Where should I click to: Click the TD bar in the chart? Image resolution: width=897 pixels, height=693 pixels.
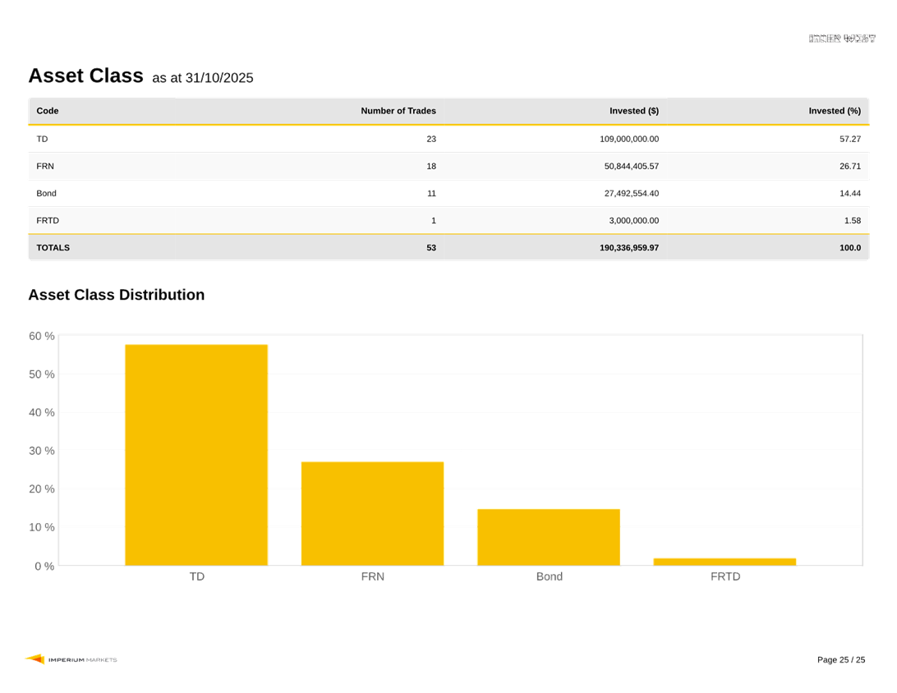click(x=196, y=454)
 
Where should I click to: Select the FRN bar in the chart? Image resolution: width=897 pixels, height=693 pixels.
click(x=372, y=513)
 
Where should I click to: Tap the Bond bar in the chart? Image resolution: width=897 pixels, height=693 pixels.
click(x=549, y=537)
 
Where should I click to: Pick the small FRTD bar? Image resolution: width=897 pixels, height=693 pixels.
click(x=724, y=562)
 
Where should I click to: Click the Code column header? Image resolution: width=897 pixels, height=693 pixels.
click(x=48, y=111)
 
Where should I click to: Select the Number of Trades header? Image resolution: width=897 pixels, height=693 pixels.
click(x=398, y=111)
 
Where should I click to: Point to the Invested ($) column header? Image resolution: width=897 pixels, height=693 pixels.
click(x=633, y=111)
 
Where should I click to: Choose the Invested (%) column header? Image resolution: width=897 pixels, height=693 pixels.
click(x=835, y=111)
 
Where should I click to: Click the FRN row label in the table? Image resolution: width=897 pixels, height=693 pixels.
click(x=45, y=166)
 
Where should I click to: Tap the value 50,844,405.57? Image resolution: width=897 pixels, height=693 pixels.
click(x=631, y=166)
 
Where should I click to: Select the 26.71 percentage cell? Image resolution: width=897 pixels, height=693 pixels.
click(x=850, y=166)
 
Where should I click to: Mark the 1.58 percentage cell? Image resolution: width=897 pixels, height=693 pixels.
click(x=853, y=220)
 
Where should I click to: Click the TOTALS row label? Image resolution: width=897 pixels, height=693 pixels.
click(x=53, y=247)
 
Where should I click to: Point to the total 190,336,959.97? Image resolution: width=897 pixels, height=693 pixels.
click(x=628, y=247)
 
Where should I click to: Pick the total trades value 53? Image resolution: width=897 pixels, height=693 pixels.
click(x=431, y=247)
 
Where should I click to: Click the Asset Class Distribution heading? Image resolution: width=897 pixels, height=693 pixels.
click(x=116, y=295)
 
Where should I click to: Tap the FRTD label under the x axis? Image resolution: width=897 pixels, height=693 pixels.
click(x=725, y=576)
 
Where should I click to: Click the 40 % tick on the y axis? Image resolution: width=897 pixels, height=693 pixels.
click(x=42, y=412)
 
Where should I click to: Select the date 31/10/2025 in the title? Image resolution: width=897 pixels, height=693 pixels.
click(x=219, y=78)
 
